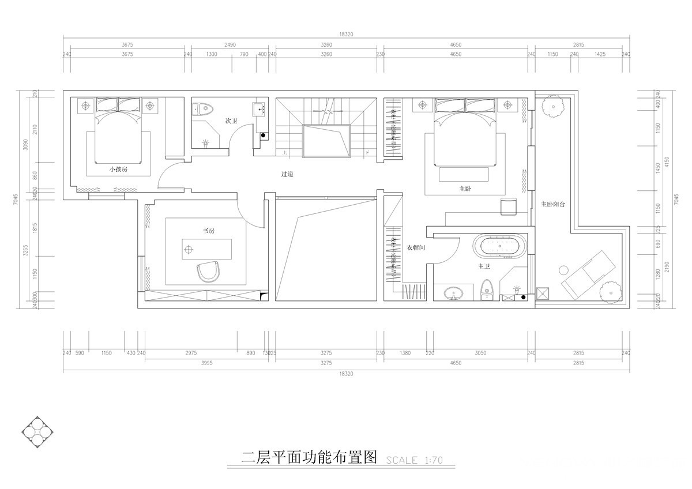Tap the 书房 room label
pyautogui.click(x=208, y=230)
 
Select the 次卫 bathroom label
pyautogui.click(x=232, y=121)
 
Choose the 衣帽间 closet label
pyautogui.click(x=416, y=247)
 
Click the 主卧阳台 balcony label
pyautogui.click(x=553, y=204)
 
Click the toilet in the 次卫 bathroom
pyautogui.click(x=202, y=107)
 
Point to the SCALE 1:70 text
pyautogui.click(x=413, y=460)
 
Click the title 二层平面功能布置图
pyautogui.click(x=309, y=458)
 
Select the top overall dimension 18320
pyautogui.click(x=346, y=35)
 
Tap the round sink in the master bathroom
pyautogui.click(x=454, y=294)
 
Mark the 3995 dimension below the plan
pyautogui.click(x=207, y=363)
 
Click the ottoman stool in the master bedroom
pyautogui.click(x=509, y=206)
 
